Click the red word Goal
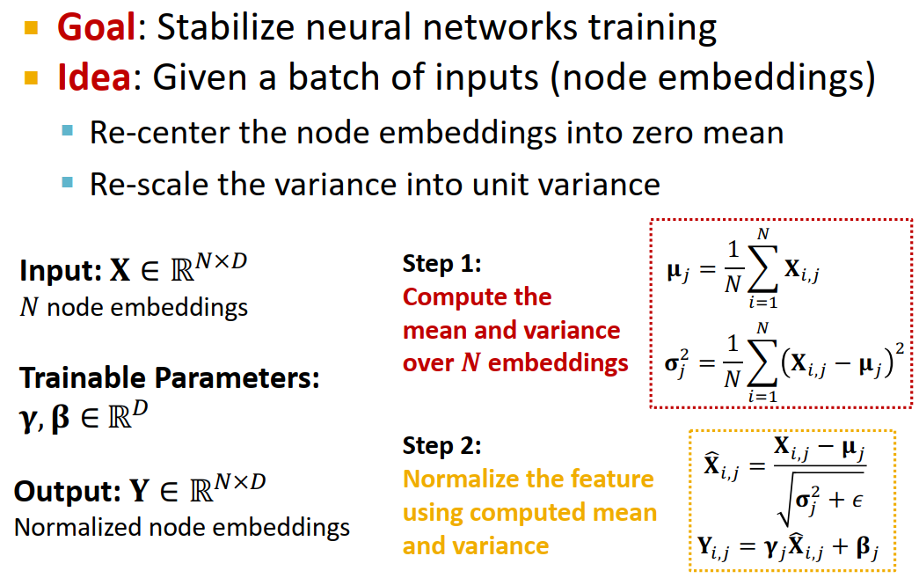[x=97, y=29]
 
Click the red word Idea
[x=93, y=78]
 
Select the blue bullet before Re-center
[x=68, y=132]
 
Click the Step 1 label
[x=442, y=263]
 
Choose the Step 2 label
[x=442, y=445]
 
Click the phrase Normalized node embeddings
[x=182, y=527]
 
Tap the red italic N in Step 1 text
[x=470, y=362]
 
